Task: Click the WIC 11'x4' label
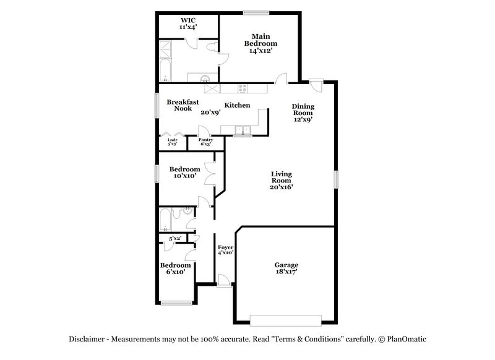click(187, 24)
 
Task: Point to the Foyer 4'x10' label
click(225, 249)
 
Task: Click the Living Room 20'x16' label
click(281, 181)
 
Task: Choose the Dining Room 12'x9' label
click(303, 113)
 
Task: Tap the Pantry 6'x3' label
click(205, 142)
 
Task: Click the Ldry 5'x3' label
click(173, 142)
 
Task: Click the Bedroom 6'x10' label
click(175, 268)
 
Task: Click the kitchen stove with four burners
click(244, 88)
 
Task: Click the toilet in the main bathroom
click(211, 47)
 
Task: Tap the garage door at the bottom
click(286, 320)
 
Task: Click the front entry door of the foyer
click(225, 282)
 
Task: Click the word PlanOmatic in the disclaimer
click(407, 340)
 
